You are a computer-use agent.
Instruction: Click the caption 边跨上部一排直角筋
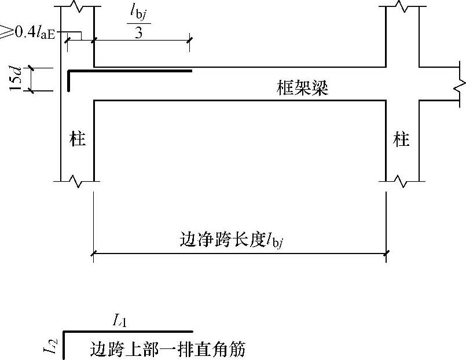tap(168, 349)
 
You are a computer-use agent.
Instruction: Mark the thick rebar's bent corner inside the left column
tap(69, 71)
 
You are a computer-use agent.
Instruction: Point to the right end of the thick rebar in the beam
tap(191, 71)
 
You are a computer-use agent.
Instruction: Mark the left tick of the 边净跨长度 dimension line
tap(94, 252)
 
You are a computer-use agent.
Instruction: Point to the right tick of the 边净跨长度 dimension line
tap(386, 252)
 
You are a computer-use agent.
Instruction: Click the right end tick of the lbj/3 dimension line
tap(190, 40)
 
